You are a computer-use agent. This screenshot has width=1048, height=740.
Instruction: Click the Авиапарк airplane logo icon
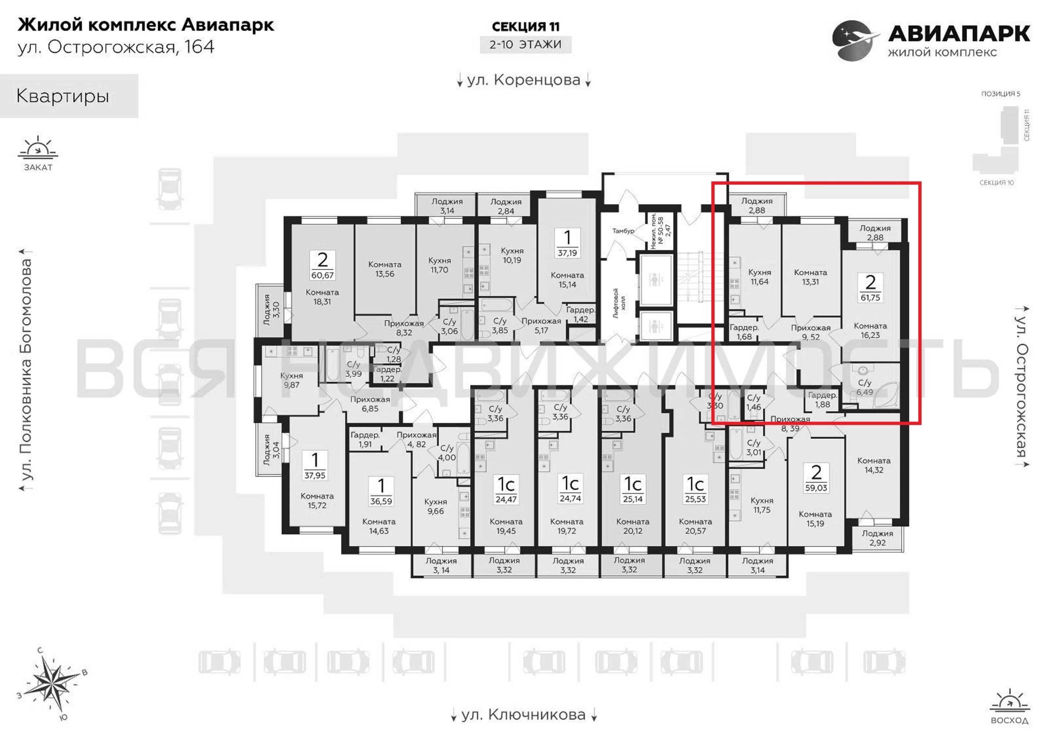(x=855, y=40)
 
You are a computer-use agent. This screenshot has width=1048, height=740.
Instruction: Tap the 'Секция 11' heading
(x=525, y=27)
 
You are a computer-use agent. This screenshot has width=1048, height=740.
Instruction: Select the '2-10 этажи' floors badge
(x=525, y=45)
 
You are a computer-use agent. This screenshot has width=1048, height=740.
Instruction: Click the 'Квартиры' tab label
(x=63, y=96)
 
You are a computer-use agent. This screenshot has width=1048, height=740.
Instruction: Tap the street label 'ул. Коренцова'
(x=524, y=80)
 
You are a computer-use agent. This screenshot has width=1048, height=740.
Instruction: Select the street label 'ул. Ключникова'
(x=524, y=714)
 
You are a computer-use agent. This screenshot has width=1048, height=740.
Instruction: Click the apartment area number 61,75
(x=870, y=297)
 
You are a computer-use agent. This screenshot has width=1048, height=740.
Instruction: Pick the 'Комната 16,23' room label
(x=870, y=330)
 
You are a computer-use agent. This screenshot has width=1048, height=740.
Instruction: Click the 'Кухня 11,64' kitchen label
(x=759, y=277)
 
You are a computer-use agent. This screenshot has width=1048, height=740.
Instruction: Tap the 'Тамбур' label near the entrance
(x=623, y=231)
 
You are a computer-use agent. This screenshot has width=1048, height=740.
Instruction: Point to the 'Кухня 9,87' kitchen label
(x=292, y=380)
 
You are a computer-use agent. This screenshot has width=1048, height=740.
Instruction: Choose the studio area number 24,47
(x=506, y=499)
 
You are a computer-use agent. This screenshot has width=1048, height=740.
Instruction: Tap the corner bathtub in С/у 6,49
(x=886, y=394)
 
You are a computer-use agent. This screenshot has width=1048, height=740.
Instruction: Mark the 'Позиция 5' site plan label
(x=1001, y=94)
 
